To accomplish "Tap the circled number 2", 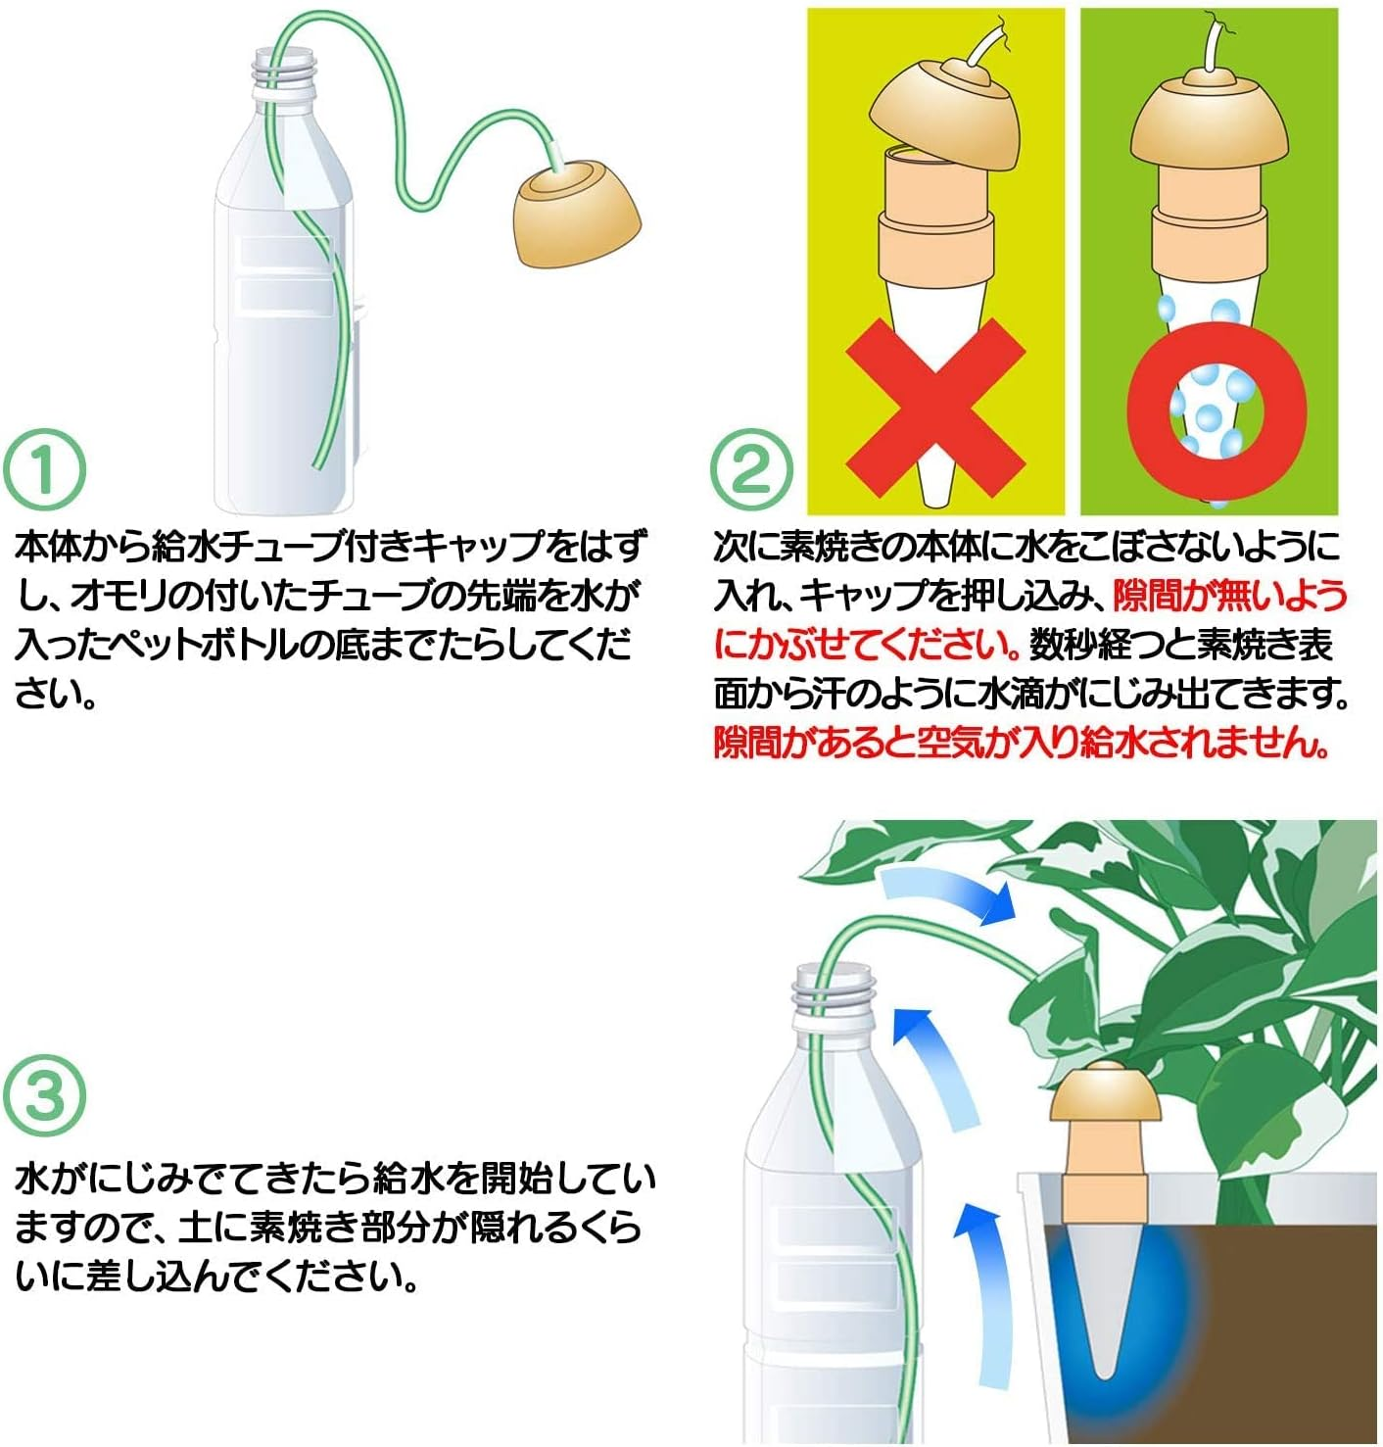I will click(751, 468).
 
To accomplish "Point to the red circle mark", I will click(1216, 409).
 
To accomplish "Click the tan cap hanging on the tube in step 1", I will click(578, 215).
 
